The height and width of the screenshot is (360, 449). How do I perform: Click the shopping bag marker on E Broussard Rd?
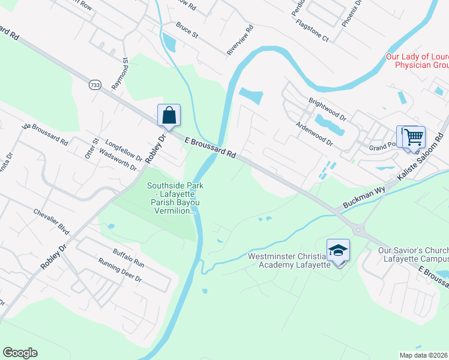(169, 115)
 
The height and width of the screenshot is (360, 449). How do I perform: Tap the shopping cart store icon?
(414, 137)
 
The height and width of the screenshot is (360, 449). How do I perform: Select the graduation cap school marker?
(338, 250)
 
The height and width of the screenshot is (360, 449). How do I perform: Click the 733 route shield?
(94, 85)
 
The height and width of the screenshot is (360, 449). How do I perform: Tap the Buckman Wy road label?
(364, 197)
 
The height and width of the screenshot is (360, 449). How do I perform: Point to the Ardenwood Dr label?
(314, 133)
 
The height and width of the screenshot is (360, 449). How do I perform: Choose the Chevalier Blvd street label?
(52, 220)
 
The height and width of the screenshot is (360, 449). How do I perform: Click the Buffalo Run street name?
(129, 257)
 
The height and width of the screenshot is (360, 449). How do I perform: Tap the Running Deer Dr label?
(120, 271)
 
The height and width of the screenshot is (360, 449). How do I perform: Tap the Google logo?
(20, 353)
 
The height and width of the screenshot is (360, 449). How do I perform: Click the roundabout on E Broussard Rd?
(359, 229)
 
